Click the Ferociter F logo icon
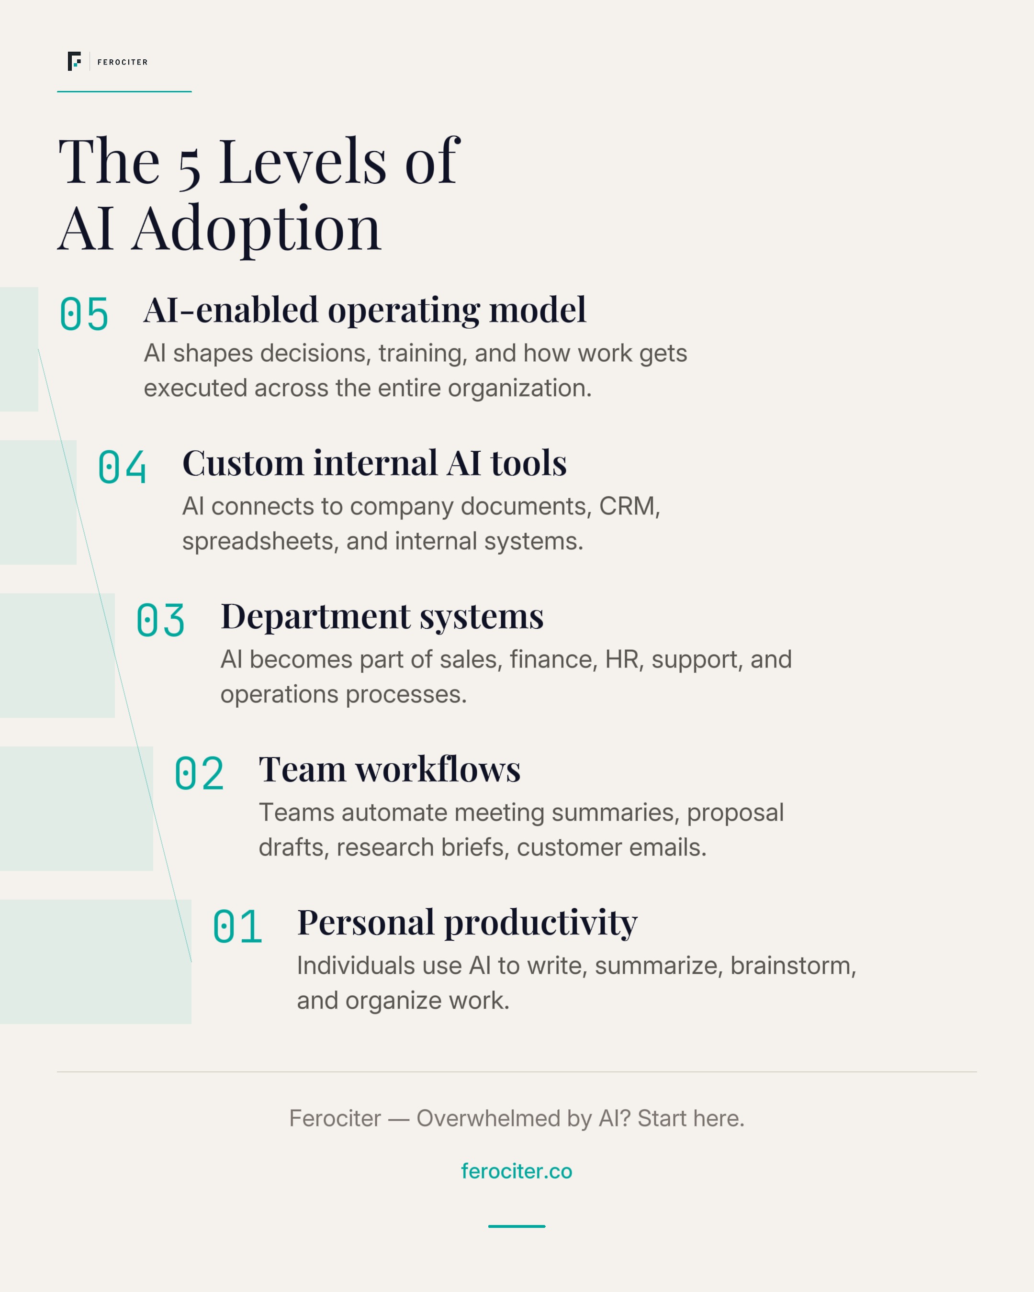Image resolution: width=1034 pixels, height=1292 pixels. [74, 61]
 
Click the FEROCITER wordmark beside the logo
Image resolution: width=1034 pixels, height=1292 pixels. [122, 62]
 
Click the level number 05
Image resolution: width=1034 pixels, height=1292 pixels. [84, 314]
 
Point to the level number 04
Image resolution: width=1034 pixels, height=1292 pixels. [122, 467]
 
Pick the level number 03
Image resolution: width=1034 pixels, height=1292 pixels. [161, 620]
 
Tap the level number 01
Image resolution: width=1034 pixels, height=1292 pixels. [237, 926]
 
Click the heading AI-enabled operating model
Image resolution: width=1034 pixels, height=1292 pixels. [364, 311]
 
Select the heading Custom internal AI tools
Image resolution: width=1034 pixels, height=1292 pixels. [374, 463]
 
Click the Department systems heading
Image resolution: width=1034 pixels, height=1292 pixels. [382, 617]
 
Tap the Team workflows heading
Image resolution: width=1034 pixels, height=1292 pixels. [390, 769]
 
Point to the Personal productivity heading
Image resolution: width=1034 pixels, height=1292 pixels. [467, 923]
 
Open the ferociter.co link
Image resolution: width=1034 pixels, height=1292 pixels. [517, 1171]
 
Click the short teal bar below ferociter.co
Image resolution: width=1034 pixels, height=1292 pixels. [517, 1226]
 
